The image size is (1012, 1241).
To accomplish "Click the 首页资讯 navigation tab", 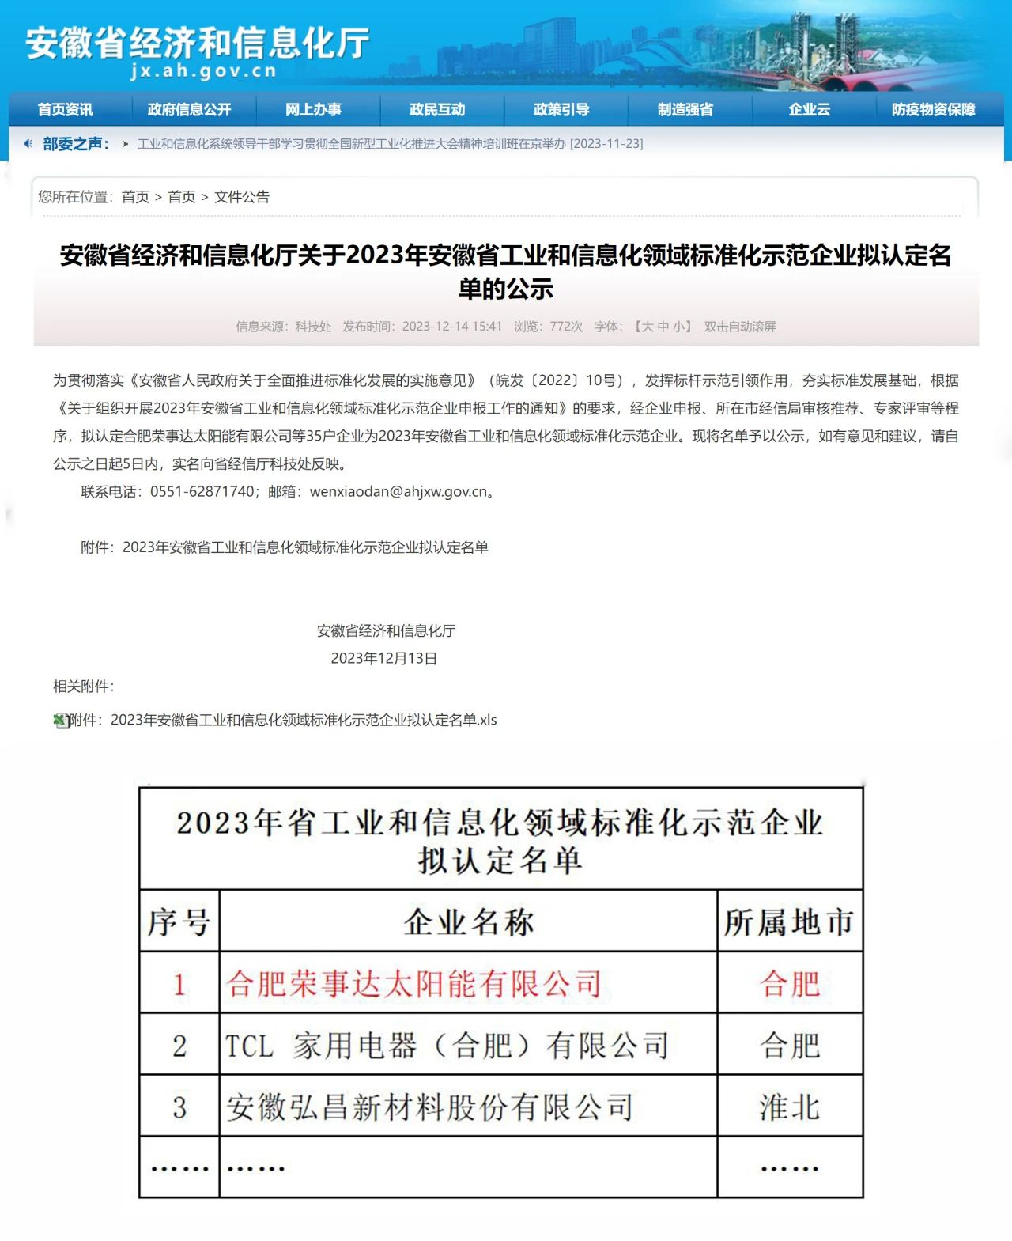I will click(65, 109).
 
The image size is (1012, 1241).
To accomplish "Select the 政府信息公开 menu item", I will click(189, 109).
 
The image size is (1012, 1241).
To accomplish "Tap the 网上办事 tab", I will click(313, 109).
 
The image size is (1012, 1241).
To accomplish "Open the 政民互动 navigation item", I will click(437, 109).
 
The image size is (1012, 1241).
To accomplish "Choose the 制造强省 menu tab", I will click(685, 109).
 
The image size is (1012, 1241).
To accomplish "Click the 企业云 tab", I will click(809, 109).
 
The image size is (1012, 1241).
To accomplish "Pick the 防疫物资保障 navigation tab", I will click(933, 109).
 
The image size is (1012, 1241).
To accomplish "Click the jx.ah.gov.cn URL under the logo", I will click(203, 71).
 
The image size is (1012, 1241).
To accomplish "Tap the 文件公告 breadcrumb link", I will click(242, 197).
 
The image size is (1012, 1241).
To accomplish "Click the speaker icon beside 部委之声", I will click(28, 143).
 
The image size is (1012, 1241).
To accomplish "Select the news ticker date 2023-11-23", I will click(606, 144).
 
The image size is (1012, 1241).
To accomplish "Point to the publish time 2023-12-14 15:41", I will click(451, 327).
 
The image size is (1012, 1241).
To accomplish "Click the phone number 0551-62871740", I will click(202, 491).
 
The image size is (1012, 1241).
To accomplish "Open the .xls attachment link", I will click(282, 720).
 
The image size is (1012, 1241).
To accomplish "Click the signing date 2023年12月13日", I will click(383, 658).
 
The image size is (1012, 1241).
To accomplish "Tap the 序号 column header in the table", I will click(179, 921).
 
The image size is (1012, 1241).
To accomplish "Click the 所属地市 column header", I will click(789, 921).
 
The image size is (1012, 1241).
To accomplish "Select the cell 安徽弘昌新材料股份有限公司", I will click(430, 1107).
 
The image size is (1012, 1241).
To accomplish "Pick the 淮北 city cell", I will click(789, 1107).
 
